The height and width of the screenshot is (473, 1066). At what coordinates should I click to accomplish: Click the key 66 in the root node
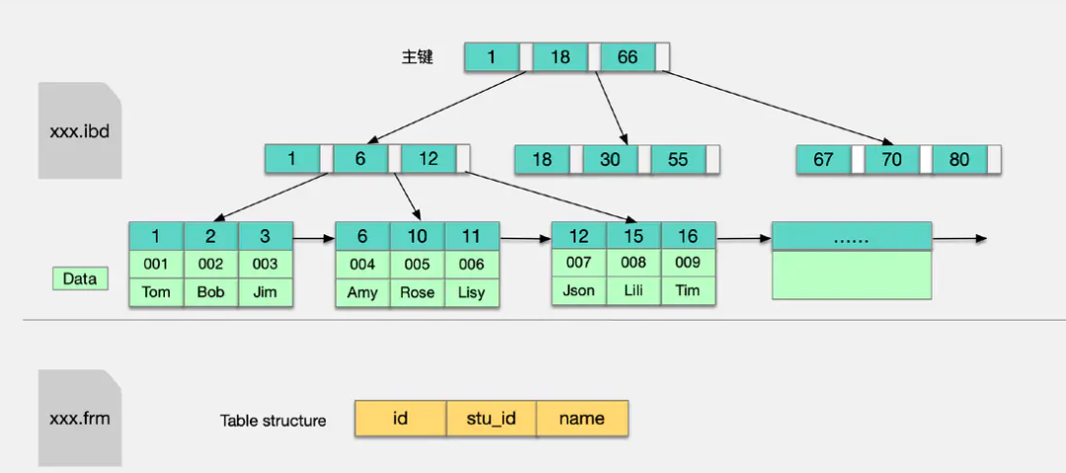pos(628,57)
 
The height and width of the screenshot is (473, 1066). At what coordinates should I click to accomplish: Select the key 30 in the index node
pos(610,159)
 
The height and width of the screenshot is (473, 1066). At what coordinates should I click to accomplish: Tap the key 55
pos(678,159)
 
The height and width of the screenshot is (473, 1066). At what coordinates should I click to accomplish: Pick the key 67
pos(823,159)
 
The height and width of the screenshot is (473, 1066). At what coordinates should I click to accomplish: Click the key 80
pos(959,159)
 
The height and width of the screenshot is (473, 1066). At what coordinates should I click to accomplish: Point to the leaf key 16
pos(689,236)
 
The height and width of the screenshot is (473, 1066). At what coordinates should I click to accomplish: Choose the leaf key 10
pos(418,236)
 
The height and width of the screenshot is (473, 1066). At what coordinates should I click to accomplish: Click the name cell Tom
pos(156,292)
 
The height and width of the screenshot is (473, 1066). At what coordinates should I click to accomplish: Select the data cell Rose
pos(418,292)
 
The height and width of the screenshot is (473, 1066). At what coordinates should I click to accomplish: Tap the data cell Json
pos(578,290)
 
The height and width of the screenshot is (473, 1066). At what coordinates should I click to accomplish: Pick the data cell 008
pos(634,263)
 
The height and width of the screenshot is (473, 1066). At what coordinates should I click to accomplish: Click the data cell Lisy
pos(472,292)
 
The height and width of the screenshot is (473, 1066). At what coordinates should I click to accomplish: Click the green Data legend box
pos(80,279)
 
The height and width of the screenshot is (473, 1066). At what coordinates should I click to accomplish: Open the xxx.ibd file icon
pos(80,130)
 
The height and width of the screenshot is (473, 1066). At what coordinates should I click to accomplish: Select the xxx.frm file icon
pos(80,418)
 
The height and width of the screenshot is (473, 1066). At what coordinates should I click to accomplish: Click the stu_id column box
pos(492,418)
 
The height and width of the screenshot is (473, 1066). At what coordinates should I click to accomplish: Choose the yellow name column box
pos(582,418)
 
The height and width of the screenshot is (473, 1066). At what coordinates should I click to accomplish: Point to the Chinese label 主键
pos(418,57)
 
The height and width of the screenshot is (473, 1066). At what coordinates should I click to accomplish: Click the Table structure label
pos(273,421)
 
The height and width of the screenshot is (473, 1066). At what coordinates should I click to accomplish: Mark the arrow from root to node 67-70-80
pos(776,107)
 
